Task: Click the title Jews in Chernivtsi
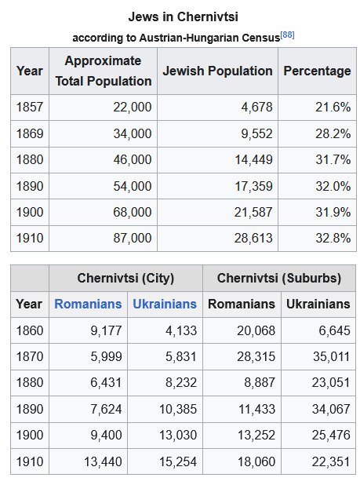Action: pyautogui.click(x=183, y=16)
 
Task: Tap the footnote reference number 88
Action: pyautogui.click(x=287, y=35)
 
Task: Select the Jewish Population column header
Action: pyautogui.click(x=217, y=71)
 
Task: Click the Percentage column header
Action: pyautogui.click(x=317, y=71)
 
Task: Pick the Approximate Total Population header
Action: pyautogui.click(x=104, y=71)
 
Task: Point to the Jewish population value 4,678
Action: pyautogui.click(x=256, y=108)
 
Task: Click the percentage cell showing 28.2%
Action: pyautogui.click(x=333, y=133)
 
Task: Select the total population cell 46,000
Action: pyautogui.click(x=133, y=159)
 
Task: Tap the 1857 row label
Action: pyautogui.click(x=30, y=108)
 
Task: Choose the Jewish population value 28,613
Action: pyautogui.click(x=253, y=238)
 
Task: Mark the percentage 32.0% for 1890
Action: pyautogui.click(x=333, y=186)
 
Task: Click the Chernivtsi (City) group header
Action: pyautogui.click(x=125, y=278)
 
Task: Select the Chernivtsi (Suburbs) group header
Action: pyautogui.click(x=279, y=278)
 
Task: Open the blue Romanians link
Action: pyautogui.click(x=88, y=304)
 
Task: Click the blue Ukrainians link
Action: pyautogui.click(x=165, y=304)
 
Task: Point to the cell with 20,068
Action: pyautogui.click(x=256, y=330)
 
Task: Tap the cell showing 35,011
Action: pyautogui.click(x=331, y=356)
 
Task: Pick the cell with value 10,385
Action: pyautogui.click(x=178, y=409)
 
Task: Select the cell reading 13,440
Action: pyautogui.click(x=103, y=461)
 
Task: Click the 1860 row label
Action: pyautogui.click(x=30, y=330)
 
